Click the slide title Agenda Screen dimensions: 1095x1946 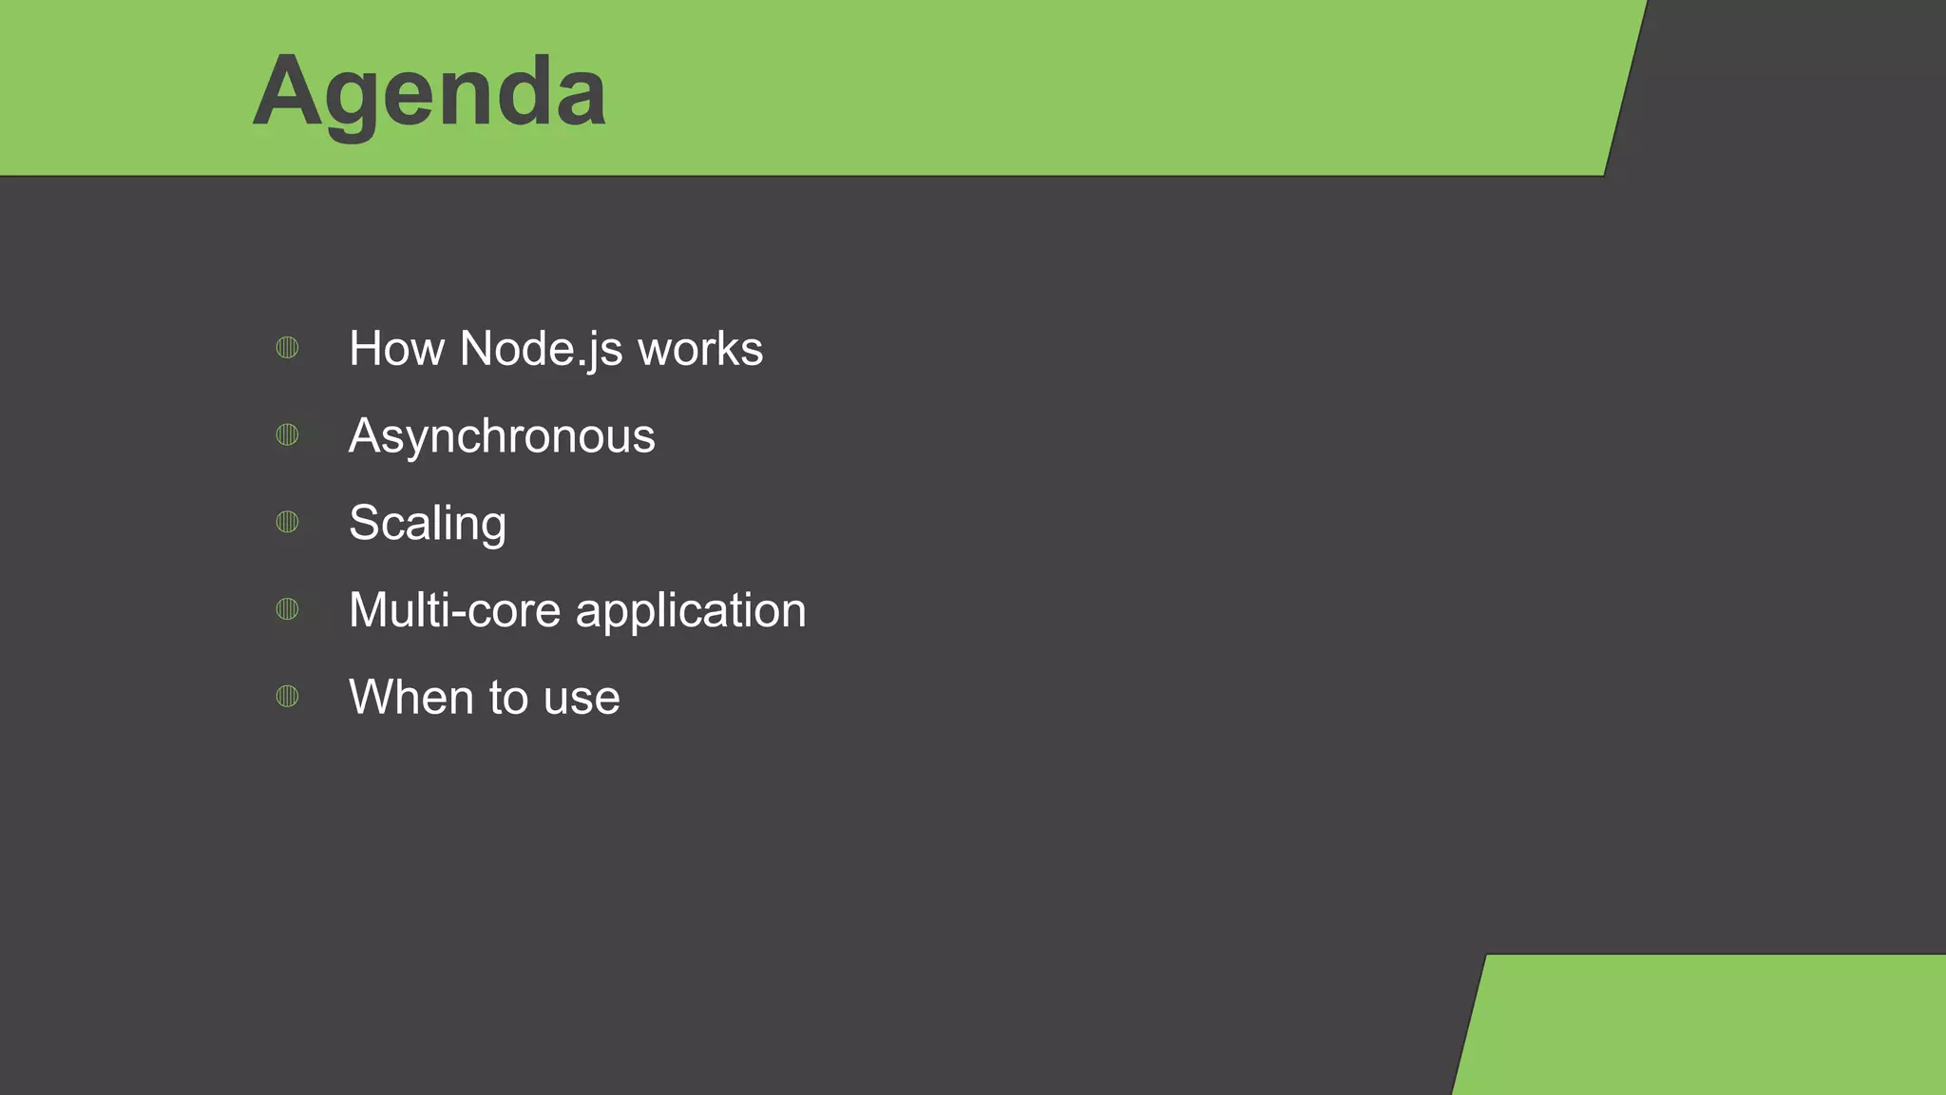[429, 92]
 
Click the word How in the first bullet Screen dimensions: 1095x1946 [396, 349]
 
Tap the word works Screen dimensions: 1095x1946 [700, 349]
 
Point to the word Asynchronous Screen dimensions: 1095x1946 [502, 436]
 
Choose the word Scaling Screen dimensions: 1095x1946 [428, 524]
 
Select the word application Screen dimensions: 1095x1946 [691, 611]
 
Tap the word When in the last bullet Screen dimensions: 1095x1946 [410, 697]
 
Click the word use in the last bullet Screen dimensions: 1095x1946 [582, 698]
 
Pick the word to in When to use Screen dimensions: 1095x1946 [508, 698]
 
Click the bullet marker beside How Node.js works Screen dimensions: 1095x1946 [287, 348]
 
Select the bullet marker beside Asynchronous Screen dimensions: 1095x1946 [287, 435]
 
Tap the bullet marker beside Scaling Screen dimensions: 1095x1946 [287, 522]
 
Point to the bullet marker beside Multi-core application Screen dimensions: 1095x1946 [287, 609]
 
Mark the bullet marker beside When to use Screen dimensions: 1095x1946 [287, 697]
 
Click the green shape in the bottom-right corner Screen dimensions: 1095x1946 [1710, 1027]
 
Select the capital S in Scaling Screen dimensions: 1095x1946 [366, 523]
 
